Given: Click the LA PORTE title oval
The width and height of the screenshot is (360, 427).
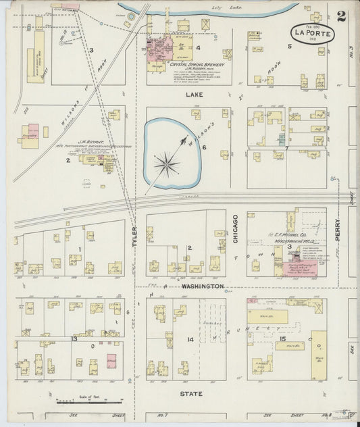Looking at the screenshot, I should (x=312, y=32).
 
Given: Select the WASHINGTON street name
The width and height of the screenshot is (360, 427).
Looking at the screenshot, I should (x=201, y=286).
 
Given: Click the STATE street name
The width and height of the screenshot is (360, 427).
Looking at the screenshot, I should (x=191, y=393).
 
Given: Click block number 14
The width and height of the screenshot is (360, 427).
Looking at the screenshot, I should (x=190, y=338).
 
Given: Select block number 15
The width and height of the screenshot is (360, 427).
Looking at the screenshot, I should (x=284, y=338).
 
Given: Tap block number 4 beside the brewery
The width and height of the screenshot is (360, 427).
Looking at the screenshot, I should (x=199, y=48).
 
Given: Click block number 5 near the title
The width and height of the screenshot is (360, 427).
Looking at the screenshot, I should (x=289, y=46).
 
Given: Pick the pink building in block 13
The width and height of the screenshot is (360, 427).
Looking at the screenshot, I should (x=111, y=361).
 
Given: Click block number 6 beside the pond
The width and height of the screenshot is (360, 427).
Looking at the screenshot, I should (x=202, y=147).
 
